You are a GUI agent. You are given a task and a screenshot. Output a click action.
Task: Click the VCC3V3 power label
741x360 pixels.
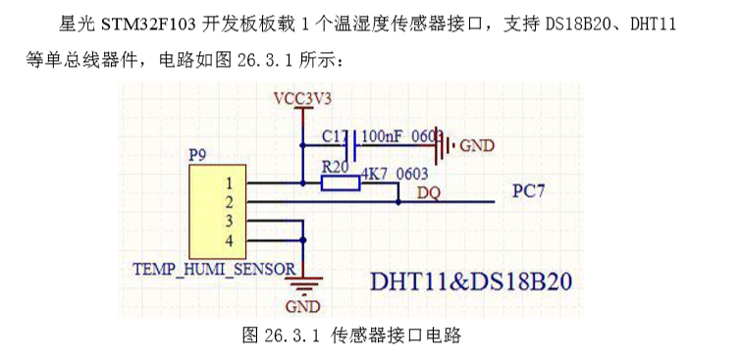[x=303, y=98]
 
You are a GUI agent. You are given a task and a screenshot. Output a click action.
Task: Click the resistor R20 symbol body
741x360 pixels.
[x=340, y=182]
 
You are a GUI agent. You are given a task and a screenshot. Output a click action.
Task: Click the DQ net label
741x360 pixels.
[x=428, y=192]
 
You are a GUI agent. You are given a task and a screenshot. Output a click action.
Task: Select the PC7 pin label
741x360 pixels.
[x=529, y=191]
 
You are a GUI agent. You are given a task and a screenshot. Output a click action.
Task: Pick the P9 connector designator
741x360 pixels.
[x=197, y=155]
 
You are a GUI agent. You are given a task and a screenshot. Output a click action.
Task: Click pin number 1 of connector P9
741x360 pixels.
[x=229, y=183]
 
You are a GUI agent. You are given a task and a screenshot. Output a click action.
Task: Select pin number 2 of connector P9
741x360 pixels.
[x=229, y=202]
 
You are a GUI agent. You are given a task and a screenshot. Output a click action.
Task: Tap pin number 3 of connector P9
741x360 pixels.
[x=229, y=222]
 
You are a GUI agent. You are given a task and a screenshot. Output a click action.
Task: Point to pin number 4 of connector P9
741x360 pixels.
[x=229, y=240]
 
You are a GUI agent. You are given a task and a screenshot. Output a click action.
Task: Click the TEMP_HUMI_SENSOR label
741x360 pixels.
[x=214, y=268]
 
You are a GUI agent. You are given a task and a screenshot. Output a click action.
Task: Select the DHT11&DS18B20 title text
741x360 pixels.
[x=470, y=281]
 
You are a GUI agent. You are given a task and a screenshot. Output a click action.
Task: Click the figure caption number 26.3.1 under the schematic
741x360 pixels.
[x=293, y=335]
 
